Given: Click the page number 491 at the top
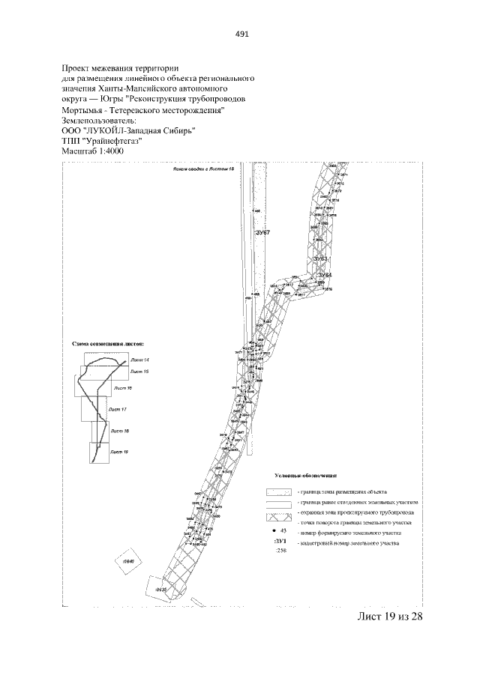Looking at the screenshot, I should point(241,34).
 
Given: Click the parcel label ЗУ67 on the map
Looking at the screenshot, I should point(262,234).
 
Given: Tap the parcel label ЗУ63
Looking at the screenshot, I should point(320,258).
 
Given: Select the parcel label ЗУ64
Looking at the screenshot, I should point(324,276).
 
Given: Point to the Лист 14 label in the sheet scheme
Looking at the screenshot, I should point(139,361).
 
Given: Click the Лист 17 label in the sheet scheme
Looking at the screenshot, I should point(118,410).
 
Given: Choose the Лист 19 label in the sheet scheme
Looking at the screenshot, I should point(118,452).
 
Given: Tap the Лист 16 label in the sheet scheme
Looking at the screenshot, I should point(123,389).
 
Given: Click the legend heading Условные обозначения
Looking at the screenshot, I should point(305,475).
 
